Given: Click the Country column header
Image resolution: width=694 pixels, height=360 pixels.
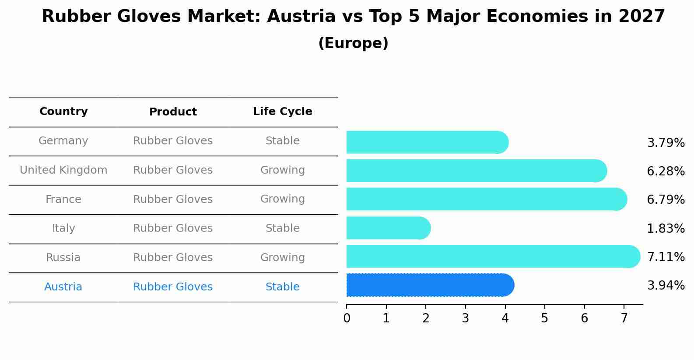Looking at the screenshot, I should [x=63, y=112].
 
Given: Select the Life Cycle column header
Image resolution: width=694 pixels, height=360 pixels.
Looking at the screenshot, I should [x=282, y=112].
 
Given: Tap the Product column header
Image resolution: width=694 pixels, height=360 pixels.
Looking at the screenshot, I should [x=173, y=112].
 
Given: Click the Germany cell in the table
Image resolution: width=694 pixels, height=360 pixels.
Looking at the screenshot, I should [x=63, y=141].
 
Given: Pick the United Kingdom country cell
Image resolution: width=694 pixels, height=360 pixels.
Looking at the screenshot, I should [x=63, y=170].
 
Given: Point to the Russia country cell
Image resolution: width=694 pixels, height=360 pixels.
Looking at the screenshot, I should [x=63, y=258].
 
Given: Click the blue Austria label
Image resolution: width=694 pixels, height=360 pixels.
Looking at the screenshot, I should [x=63, y=287].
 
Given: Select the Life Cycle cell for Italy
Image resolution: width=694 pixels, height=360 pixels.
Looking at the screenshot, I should [x=282, y=228].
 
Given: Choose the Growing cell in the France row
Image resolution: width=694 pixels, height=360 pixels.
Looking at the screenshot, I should [x=282, y=199].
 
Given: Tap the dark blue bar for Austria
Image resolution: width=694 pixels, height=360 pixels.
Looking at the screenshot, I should [x=429, y=285].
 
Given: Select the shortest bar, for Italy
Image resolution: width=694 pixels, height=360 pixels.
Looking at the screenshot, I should [x=388, y=228].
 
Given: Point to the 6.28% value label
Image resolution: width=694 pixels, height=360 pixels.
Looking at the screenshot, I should [x=666, y=171].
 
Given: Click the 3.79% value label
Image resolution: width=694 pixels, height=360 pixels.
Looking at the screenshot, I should [x=666, y=143].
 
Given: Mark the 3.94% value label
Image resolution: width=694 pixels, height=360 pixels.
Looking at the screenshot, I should [x=666, y=286].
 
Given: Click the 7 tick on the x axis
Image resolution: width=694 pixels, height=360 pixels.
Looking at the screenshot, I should [x=624, y=318].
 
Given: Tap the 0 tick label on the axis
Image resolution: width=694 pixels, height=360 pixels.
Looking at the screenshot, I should [x=347, y=318].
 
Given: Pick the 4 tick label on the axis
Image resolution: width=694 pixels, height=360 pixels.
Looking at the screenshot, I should [x=505, y=318].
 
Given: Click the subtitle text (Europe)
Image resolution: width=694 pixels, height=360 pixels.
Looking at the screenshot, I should [x=353, y=43].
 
